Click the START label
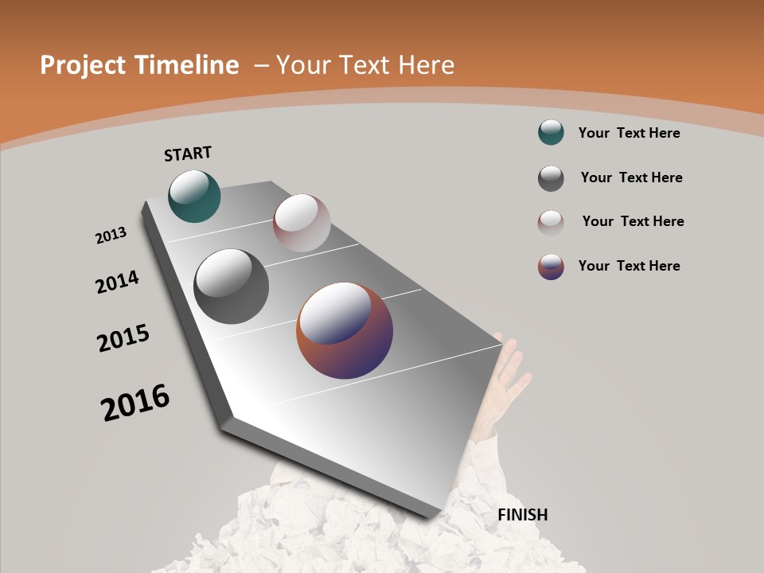pyautogui.click(x=188, y=154)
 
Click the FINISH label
pyautogui.click(x=522, y=515)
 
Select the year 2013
pyautogui.click(x=111, y=236)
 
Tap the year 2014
pyautogui.click(x=117, y=282)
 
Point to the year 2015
pyautogui.click(x=123, y=338)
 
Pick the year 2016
pyautogui.click(x=135, y=402)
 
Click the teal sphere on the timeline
pyautogui.click(x=194, y=196)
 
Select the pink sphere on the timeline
pyautogui.click(x=302, y=223)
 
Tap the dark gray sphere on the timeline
pyautogui.click(x=231, y=286)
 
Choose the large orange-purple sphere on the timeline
pyautogui.click(x=345, y=330)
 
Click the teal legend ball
pyautogui.click(x=551, y=132)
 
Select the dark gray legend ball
pyautogui.click(x=551, y=178)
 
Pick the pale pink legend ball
pyautogui.click(x=551, y=223)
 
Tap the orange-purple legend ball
pyautogui.click(x=551, y=267)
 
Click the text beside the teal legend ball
pyautogui.click(x=629, y=133)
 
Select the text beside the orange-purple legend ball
pyautogui.click(x=629, y=266)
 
